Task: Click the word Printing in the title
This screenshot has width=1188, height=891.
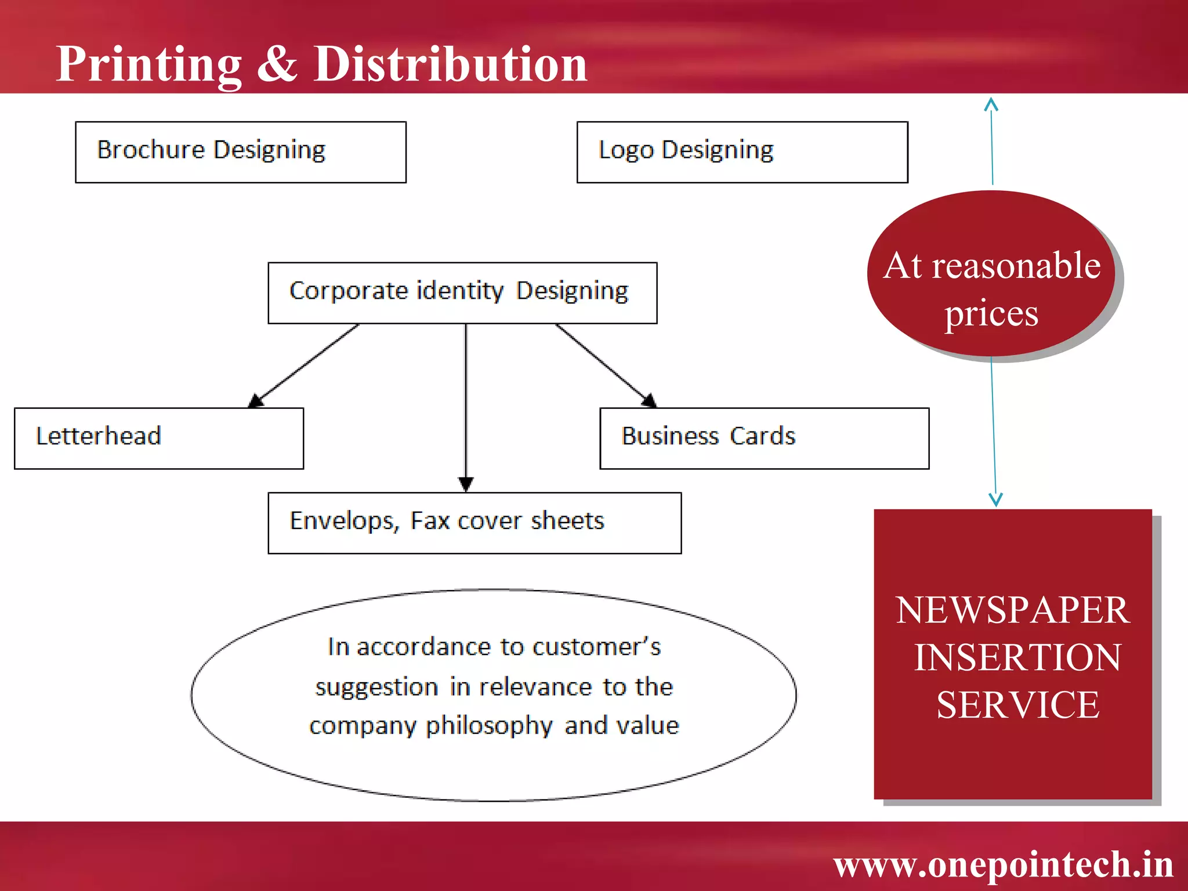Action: [x=148, y=65]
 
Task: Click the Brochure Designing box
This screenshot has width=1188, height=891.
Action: [x=240, y=152]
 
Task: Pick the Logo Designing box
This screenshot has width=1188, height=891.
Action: [x=742, y=152]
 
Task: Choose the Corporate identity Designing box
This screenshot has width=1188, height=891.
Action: [x=462, y=292]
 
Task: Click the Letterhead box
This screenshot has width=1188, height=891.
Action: [x=158, y=438]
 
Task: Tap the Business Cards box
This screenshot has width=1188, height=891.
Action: [x=764, y=438]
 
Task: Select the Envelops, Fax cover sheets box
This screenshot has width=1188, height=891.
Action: [x=474, y=523]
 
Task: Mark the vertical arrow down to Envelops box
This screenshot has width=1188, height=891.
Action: [x=466, y=406]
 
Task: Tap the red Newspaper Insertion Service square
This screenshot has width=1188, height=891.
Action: [x=1013, y=654]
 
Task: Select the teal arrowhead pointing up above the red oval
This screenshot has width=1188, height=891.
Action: [x=991, y=105]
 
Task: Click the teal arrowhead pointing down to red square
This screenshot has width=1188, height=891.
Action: [x=995, y=499]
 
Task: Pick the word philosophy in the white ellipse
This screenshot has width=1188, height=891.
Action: [x=489, y=726]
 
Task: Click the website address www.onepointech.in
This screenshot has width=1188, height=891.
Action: [x=1003, y=864]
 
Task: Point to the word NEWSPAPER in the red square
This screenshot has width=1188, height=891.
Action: [x=1012, y=610]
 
